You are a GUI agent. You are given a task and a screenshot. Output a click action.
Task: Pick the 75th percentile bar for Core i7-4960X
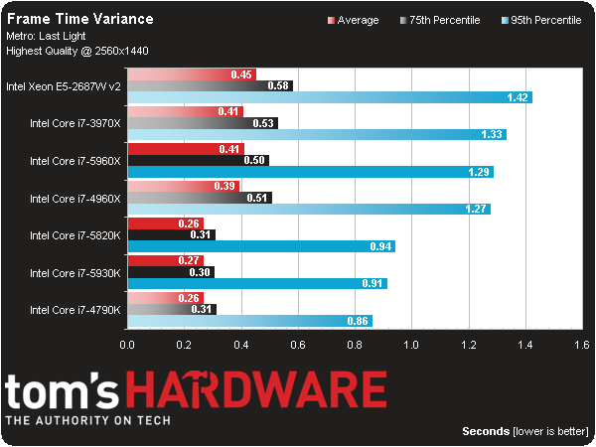(x=199, y=197)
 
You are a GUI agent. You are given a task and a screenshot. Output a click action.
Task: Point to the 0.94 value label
(x=380, y=246)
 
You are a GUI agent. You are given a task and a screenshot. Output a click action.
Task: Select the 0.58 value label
(x=279, y=86)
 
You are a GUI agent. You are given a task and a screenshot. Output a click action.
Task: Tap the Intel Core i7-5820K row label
(x=74, y=235)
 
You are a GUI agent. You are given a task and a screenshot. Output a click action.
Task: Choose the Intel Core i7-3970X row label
(x=74, y=123)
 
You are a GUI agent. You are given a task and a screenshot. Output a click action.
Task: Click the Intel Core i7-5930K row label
(x=74, y=272)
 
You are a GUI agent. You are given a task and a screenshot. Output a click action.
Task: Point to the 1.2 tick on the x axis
(x=468, y=345)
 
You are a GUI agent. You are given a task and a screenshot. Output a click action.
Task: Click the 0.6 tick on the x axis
(x=298, y=345)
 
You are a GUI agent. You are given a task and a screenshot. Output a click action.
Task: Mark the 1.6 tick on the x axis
(x=581, y=345)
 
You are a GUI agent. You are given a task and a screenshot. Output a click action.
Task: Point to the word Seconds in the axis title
(x=486, y=431)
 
